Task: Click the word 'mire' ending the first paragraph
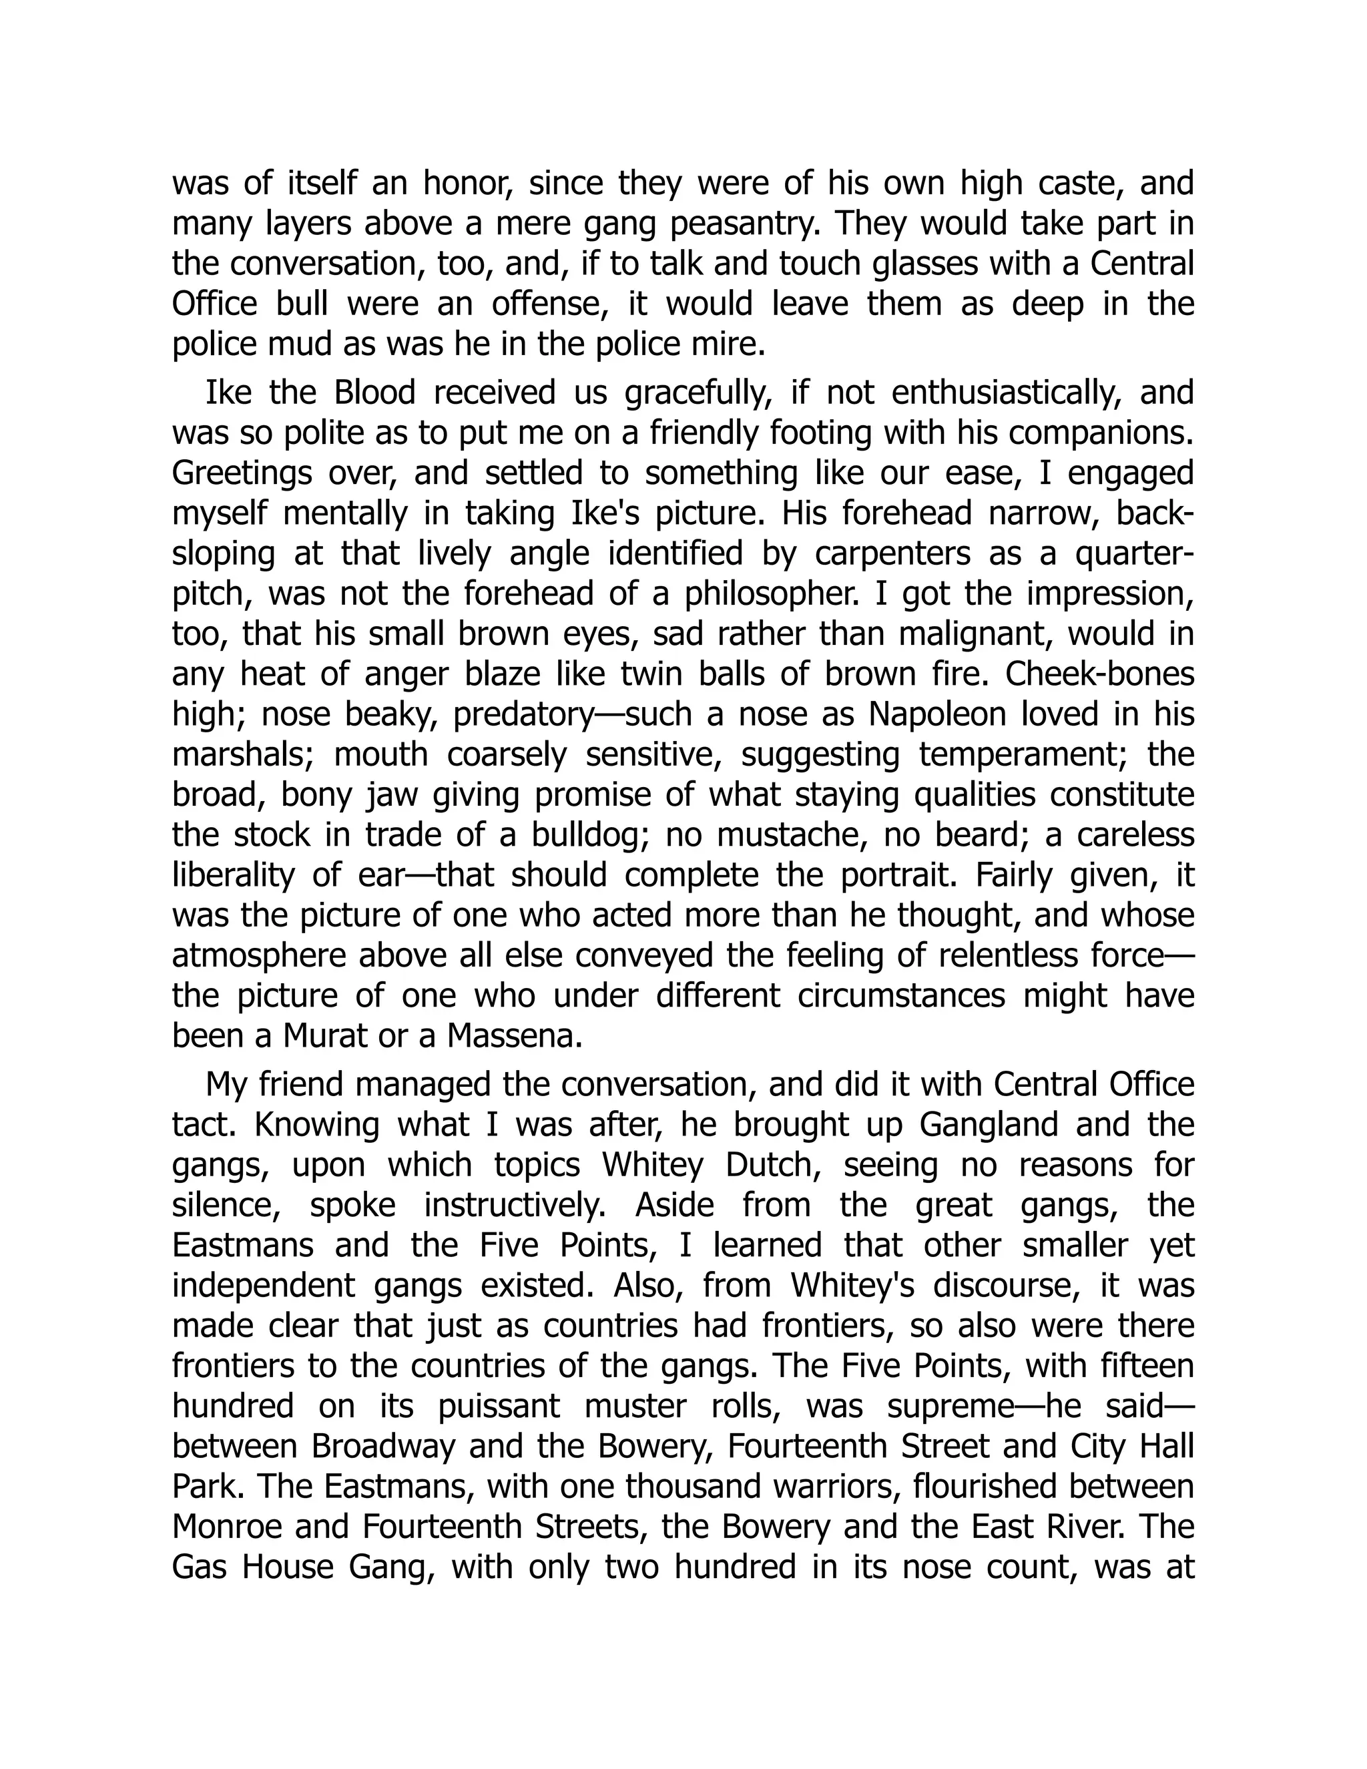[734, 345]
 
